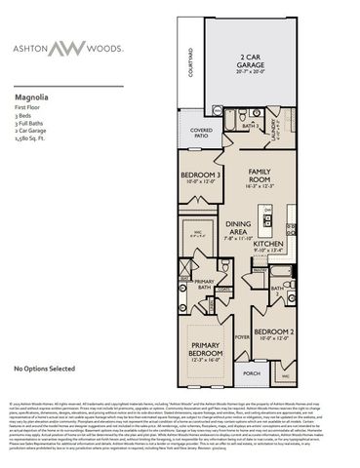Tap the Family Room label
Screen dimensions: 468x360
[x=259, y=176]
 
